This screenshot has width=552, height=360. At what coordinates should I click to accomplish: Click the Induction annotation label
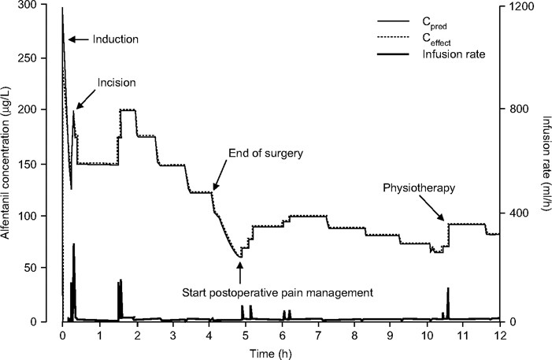point(116,39)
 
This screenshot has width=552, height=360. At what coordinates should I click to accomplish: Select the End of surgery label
point(265,153)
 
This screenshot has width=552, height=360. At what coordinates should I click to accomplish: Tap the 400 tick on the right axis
point(517,215)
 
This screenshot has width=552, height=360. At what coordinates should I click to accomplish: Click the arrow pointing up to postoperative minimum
point(240,269)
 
